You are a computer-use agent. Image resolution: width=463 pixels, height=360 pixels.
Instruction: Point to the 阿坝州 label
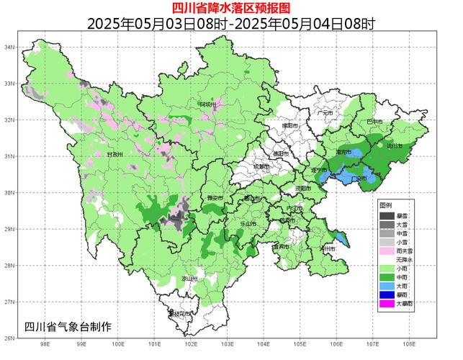(208, 105)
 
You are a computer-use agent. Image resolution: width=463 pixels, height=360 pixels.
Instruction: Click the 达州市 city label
(395, 146)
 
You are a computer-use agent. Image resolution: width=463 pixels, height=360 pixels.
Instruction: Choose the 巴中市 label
(374, 122)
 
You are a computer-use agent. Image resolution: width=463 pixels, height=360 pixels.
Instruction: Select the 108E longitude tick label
(409, 344)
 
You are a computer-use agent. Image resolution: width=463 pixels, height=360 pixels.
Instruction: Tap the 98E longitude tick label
(45, 344)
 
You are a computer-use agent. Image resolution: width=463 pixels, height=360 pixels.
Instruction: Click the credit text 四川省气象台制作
(68, 326)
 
